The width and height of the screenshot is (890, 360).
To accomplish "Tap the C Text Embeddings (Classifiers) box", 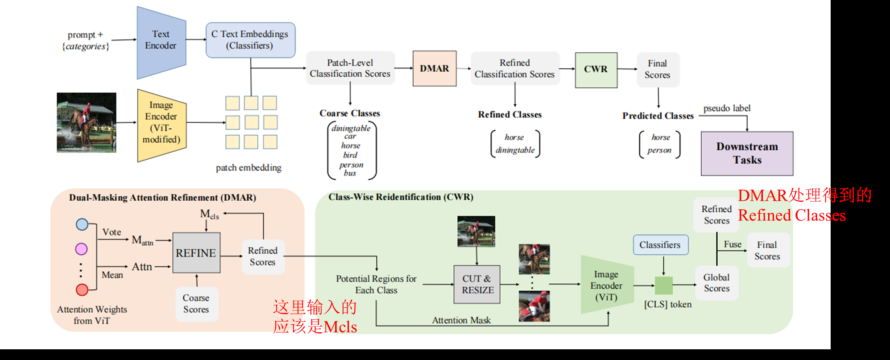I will click(250, 40).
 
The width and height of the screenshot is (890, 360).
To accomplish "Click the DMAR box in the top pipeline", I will click(435, 69).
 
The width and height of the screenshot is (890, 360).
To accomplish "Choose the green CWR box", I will click(596, 70).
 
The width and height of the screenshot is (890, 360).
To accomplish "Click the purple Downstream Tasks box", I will click(747, 153).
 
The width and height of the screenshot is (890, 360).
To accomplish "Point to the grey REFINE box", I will click(196, 253).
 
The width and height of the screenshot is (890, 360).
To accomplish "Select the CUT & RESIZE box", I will click(477, 285).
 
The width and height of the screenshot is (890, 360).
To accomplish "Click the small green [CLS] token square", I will click(663, 286).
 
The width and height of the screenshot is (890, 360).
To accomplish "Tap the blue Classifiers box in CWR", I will click(660, 245).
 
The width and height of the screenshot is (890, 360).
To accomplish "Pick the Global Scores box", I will click(716, 283).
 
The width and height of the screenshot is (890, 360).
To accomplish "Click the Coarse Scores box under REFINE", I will click(196, 304).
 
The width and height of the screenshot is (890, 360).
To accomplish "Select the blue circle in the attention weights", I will click(82, 224).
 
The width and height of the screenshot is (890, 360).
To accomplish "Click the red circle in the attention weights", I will click(82, 290).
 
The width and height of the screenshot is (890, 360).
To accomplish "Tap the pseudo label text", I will click(727, 108).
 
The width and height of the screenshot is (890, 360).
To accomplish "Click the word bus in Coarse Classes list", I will click(350, 174).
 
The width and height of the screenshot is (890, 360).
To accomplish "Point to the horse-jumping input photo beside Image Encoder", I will click(87, 123).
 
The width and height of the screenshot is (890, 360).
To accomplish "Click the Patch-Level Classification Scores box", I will click(350, 68).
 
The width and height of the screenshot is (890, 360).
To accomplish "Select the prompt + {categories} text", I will click(86, 41).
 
